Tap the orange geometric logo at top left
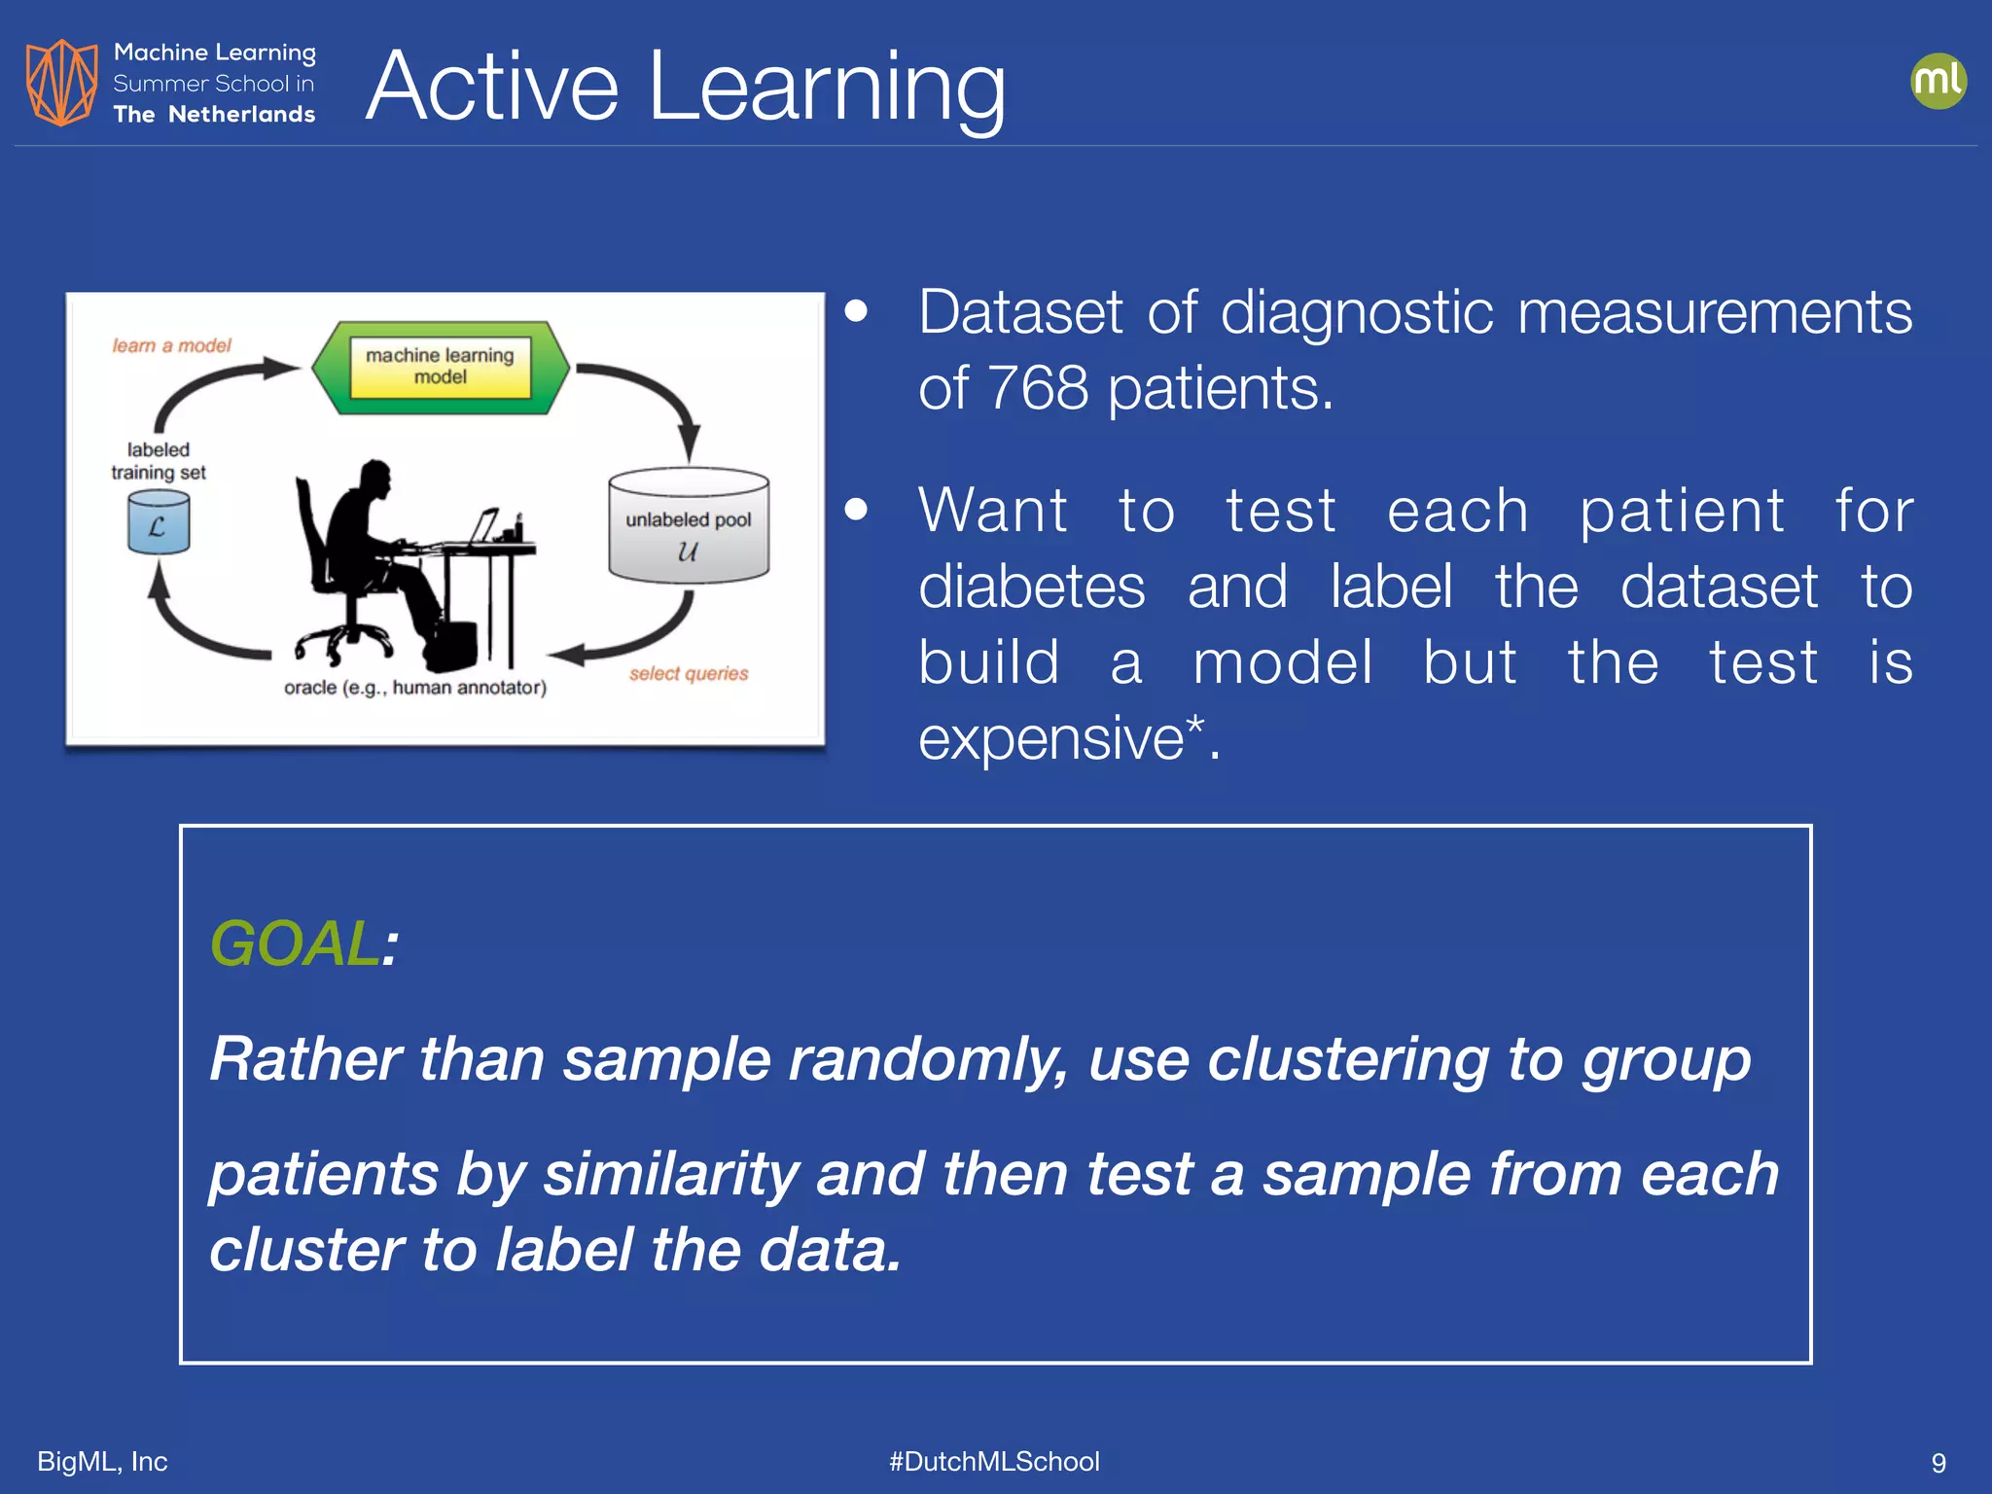(x=61, y=83)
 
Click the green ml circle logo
(x=1938, y=81)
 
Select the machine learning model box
(x=441, y=367)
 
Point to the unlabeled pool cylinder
(x=689, y=527)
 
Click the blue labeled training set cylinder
(x=159, y=522)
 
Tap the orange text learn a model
(x=171, y=345)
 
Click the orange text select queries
(x=688, y=673)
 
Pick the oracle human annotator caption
(x=414, y=688)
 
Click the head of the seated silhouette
(x=374, y=479)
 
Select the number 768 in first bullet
(x=1037, y=388)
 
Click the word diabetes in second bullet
(x=1031, y=587)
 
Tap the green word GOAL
(x=294, y=943)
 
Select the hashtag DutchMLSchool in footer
(x=994, y=1461)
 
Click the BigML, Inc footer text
(x=102, y=1461)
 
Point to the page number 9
(x=1938, y=1463)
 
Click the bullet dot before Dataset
(x=856, y=311)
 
